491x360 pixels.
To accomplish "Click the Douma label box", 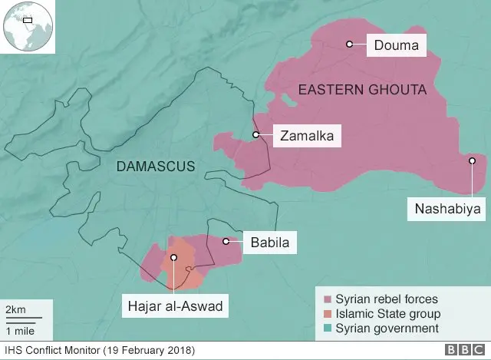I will coord(396,45).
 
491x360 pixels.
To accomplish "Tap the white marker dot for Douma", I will coord(349,45).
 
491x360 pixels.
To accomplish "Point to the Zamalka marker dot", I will coord(256,135).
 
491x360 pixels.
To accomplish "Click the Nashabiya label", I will coord(444,208).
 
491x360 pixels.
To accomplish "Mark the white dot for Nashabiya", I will coord(473,160).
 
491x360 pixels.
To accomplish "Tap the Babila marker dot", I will coord(226,242).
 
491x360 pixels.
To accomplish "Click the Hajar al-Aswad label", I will coord(174,306).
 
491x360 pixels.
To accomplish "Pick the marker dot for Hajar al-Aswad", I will coord(174,258).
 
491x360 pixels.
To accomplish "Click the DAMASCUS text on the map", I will coord(156,166).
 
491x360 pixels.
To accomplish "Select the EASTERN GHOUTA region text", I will coord(361,91).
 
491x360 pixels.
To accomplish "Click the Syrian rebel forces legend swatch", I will coord(328,299).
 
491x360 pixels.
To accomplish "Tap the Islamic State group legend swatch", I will coord(328,314).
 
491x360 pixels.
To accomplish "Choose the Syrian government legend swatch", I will coord(328,329).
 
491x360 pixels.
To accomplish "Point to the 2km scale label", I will coord(15,309).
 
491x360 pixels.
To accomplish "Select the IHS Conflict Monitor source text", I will coord(100,351).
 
